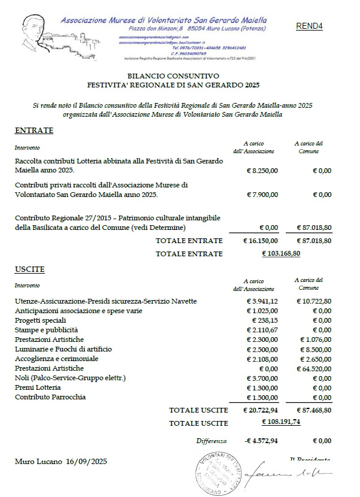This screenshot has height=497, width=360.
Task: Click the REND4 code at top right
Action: pyautogui.click(x=309, y=26)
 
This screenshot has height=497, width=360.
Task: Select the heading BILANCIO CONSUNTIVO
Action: pyautogui.click(x=174, y=76)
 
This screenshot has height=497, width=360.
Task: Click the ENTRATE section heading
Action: pyautogui.click(x=34, y=131)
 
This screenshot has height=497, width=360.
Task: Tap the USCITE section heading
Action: pyautogui.click(x=30, y=270)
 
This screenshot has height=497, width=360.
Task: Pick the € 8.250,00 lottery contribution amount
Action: pyautogui.click(x=263, y=171)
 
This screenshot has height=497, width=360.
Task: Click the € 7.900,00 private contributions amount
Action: pyautogui.click(x=263, y=195)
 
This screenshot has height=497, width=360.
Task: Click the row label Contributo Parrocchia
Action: pyautogui.click(x=50, y=397)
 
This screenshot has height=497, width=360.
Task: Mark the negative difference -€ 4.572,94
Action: pyautogui.click(x=261, y=441)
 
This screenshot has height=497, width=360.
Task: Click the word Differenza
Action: pyautogui.click(x=211, y=441)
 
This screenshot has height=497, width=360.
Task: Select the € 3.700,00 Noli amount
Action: pyautogui.click(x=263, y=378)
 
